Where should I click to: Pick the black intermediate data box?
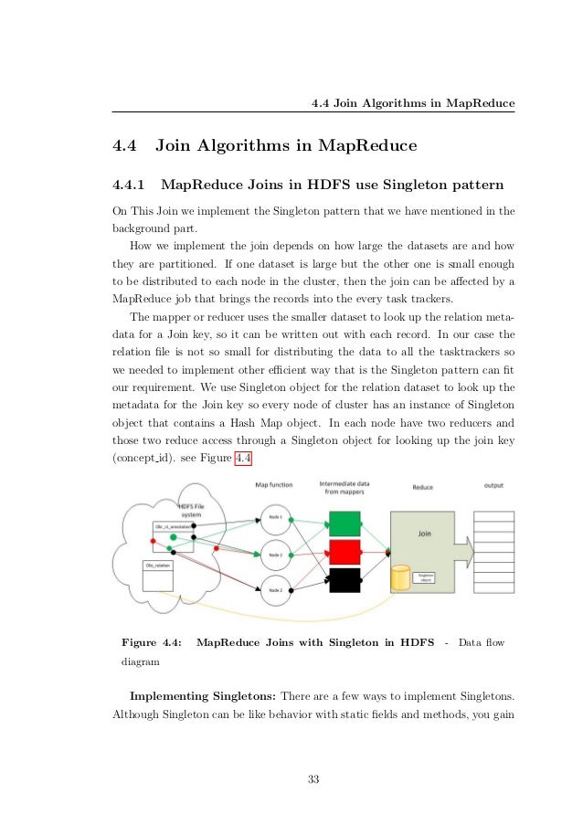coord(345,580)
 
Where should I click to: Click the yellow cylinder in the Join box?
coord(398,578)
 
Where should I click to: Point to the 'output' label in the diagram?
coord(493,485)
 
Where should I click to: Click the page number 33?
coord(313,778)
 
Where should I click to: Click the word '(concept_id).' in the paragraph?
coord(141,457)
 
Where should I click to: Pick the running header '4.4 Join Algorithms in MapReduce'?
coord(412,102)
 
